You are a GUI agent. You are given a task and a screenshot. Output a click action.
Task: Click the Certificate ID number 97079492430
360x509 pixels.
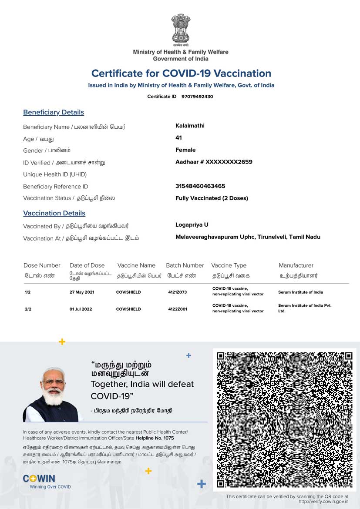pyautogui.click(x=197, y=97)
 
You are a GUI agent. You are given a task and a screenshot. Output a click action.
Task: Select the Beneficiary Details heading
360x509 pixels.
pyautogui.click(x=54, y=112)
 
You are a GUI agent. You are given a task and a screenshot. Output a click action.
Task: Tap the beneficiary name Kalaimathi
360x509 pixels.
pyautogui.click(x=190, y=126)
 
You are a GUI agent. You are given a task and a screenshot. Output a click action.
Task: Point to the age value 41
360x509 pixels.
pyautogui.click(x=178, y=137)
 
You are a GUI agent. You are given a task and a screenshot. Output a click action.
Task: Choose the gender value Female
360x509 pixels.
pyautogui.click(x=185, y=150)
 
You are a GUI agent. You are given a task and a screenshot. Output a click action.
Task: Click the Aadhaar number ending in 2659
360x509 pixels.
pyautogui.click(x=214, y=162)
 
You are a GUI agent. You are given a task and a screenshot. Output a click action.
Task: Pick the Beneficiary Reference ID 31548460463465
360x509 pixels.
pyautogui.click(x=200, y=186)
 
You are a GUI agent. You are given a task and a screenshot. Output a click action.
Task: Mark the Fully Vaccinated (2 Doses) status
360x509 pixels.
pyautogui.click(x=212, y=198)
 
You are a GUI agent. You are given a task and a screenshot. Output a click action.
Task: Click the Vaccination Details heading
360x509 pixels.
pyautogui.click(x=54, y=213)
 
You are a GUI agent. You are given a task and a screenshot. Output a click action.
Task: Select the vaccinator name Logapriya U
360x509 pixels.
pyautogui.click(x=192, y=225)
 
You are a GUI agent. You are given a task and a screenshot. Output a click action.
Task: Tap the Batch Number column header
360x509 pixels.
pyautogui.click(x=185, y=265)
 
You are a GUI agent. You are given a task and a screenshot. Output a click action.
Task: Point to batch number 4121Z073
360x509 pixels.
pyautogui.click(x=177, y=292)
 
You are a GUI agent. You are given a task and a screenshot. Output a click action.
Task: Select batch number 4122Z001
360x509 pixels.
pyautogui.click(x=177, y=309)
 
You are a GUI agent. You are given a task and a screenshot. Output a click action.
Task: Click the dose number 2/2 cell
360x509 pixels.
pyautogui.click(x=28, y=309)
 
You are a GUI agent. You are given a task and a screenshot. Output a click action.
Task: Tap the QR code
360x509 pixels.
pyautogui.click(x=284, y=419)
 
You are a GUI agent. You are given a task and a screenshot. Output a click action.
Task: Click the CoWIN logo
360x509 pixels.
pyautogui.click(x=39, y=479)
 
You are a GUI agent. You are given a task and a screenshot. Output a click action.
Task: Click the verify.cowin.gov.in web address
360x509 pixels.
pyautogui.click(x=323, y=502)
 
